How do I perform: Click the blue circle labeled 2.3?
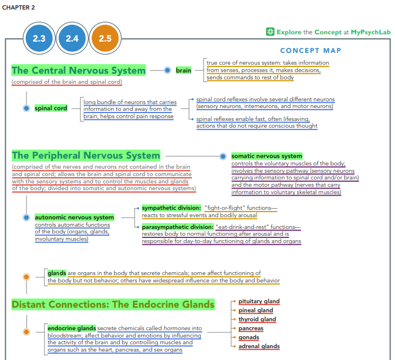[x=39, y=38]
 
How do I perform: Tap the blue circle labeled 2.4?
[x=72, y=38]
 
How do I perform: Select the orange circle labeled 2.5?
[x=105, y=38]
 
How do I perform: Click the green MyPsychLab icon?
[x=270, y=31]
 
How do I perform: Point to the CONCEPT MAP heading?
[x=311, y=51]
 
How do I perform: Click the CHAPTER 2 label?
[x=19, y=7]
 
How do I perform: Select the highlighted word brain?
[x=183, y=70]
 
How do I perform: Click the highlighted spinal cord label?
[x=51, y=108]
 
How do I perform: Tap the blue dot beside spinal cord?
[x=26, y=108]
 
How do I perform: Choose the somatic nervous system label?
[x=267, y=156]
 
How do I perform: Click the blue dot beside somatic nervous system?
[x=223, y=156]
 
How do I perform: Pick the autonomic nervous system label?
[x=74, y=217]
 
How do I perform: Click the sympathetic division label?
[x=171, y=208]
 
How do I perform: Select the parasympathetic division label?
[x=178, y=227]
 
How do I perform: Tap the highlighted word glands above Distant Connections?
[x=57, y=273]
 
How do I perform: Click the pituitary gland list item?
[x=259, y=301]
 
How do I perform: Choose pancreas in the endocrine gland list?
[x=251, y=328]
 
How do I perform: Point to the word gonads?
[x=249, y=337]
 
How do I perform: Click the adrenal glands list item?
[x=259, y=346]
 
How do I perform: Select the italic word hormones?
[x=177, y=328]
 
